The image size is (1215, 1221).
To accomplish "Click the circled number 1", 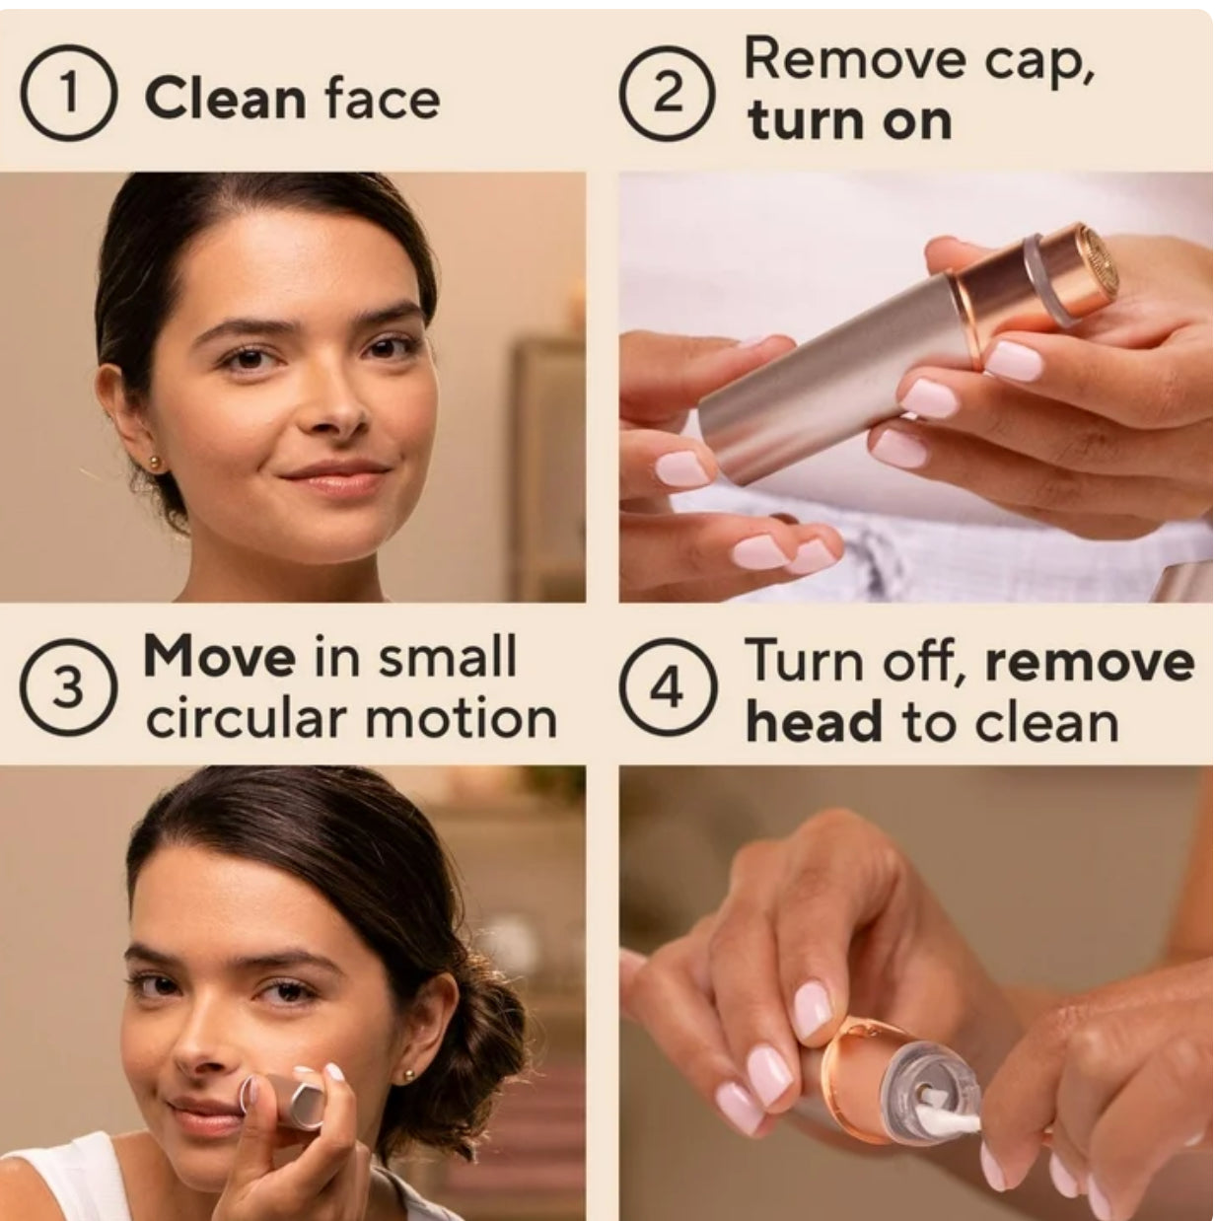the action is [70, 93].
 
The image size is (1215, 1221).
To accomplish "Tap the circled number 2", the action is [668, 93].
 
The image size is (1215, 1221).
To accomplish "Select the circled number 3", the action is [68, 688].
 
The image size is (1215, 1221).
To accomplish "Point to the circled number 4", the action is [668, 688].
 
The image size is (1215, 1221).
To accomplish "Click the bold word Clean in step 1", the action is [225, 99].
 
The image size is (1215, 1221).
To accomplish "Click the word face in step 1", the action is [383, 99].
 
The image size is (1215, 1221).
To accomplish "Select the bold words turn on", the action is [849, 121].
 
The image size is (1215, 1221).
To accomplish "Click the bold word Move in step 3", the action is [219, 658].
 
